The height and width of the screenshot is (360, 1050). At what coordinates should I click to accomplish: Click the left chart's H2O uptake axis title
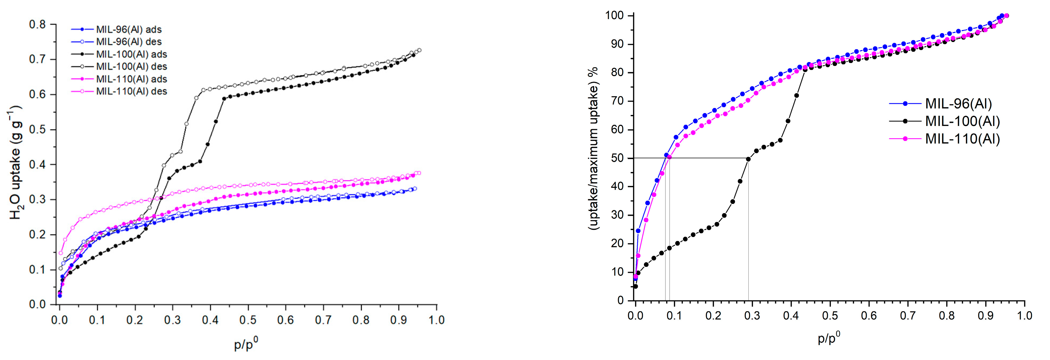click(x=16, y=163)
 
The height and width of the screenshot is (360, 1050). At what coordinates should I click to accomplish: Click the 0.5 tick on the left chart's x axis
click(x=248, y=320)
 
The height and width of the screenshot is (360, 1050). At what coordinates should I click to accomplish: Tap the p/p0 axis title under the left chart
click(x=246, y=344)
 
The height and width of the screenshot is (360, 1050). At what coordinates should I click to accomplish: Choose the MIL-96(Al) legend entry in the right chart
click(x=958, y=104)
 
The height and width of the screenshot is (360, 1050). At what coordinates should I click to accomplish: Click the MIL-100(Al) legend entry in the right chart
click(x=962, y=121)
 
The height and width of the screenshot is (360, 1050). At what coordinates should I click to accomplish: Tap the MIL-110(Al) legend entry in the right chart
click(x=962, y=139)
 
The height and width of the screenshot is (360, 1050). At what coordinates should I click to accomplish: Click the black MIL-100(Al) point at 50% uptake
click(x=748, y=159)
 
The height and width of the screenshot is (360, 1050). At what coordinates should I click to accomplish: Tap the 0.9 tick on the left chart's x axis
click(x=399, y=320)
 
